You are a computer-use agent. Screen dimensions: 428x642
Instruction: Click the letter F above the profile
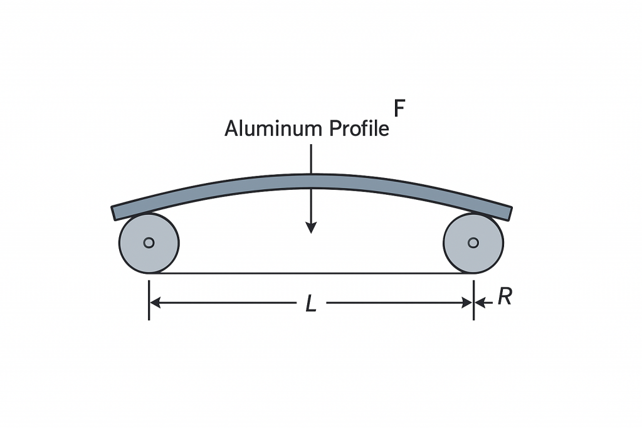[x=398, y=108]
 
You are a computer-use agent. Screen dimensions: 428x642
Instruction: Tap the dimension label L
[x=311, y=305]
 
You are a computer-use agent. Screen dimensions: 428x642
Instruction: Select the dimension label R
[x=505, y=297]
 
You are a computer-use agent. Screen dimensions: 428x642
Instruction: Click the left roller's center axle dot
[x=149, y=243]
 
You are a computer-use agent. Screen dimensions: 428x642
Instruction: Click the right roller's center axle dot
[x=473, y=243]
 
